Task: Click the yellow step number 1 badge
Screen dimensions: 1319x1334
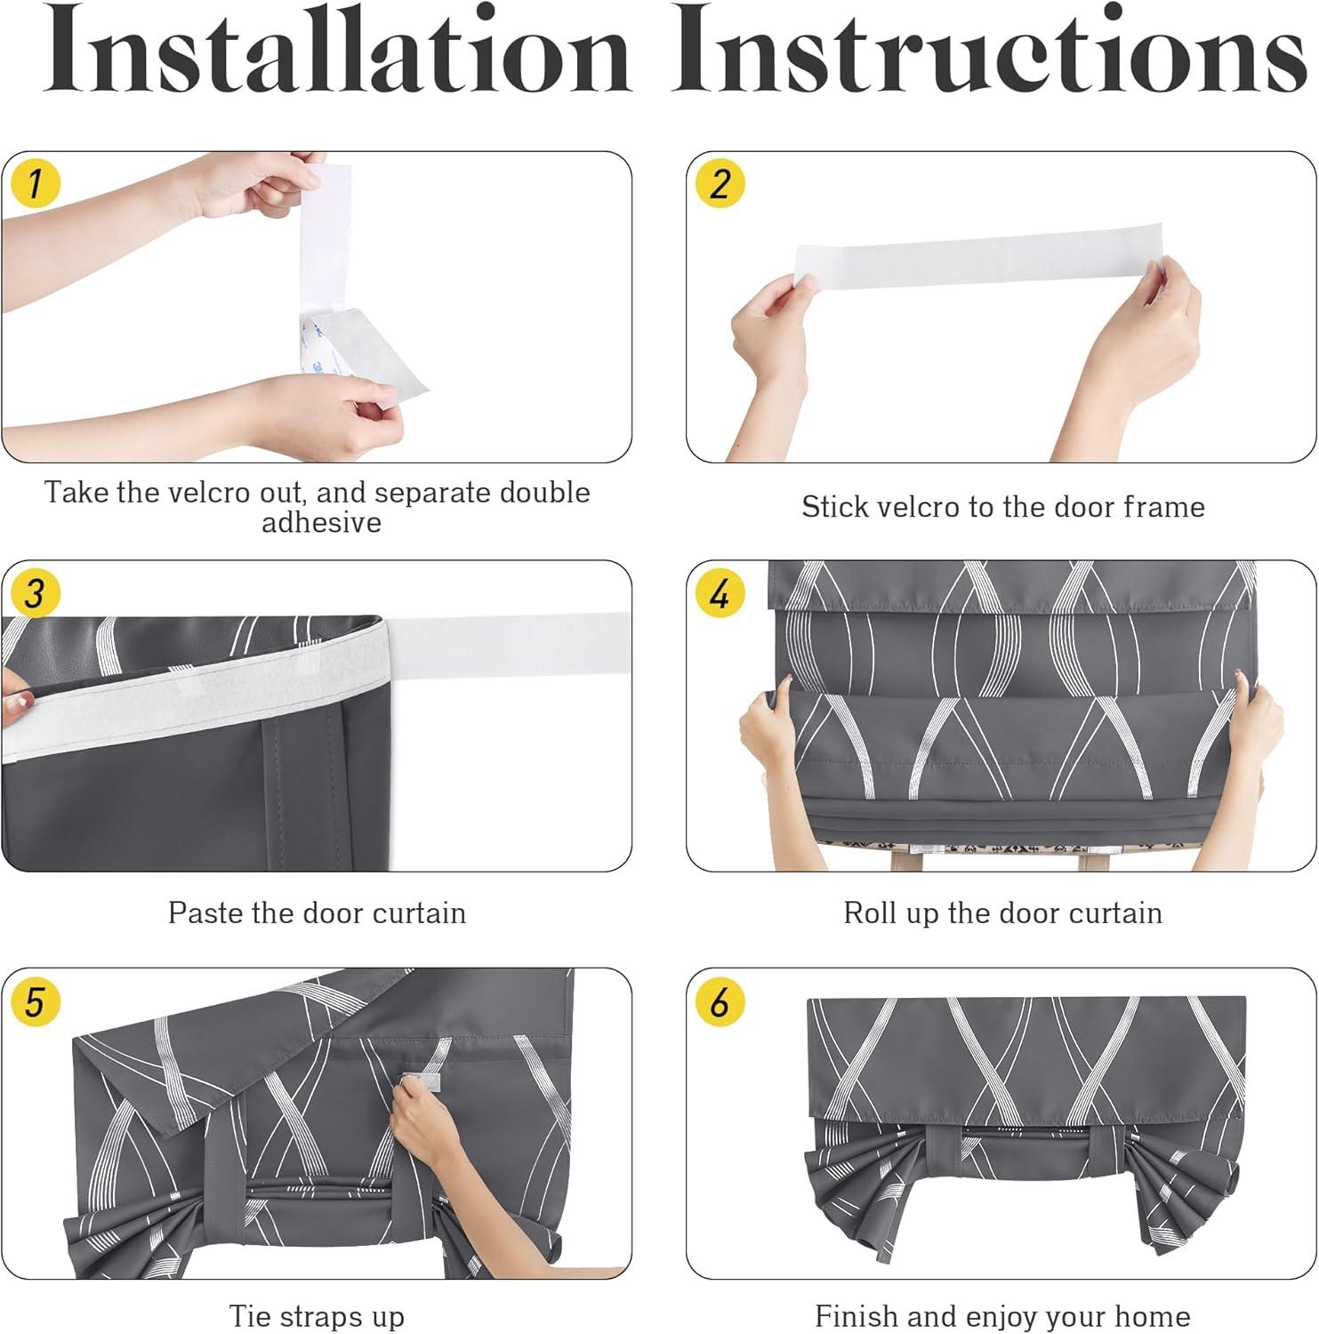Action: pos(34,183)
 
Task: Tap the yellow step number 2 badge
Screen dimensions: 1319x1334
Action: pos(719,183)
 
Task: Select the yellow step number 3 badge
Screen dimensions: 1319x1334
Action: pos(34,592)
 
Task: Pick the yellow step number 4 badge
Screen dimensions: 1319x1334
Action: pos(719,592)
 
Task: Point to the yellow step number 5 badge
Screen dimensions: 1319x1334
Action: pos(34,1001)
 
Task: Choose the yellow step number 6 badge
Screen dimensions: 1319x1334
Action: pos(719,1001)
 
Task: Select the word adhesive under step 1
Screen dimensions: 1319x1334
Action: pos(321,522)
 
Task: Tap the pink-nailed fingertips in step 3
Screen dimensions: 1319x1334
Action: pos(15,697)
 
